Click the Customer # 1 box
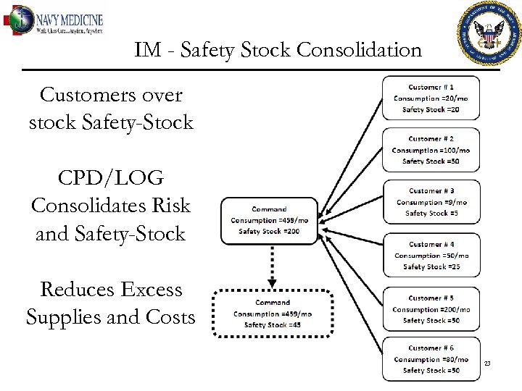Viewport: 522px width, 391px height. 431,98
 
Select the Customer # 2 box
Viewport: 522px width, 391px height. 431,150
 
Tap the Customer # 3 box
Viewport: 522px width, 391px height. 431,203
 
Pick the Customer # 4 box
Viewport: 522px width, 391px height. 431,255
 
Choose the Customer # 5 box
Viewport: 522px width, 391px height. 431,309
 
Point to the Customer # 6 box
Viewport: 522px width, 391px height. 431,359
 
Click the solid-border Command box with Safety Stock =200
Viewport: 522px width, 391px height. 269,220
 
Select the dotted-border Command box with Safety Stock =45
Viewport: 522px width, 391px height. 273,314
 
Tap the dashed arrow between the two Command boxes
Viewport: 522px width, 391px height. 272,265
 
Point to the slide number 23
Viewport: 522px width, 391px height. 487,363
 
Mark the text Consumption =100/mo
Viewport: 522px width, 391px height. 431,150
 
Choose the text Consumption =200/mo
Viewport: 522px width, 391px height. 431,309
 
